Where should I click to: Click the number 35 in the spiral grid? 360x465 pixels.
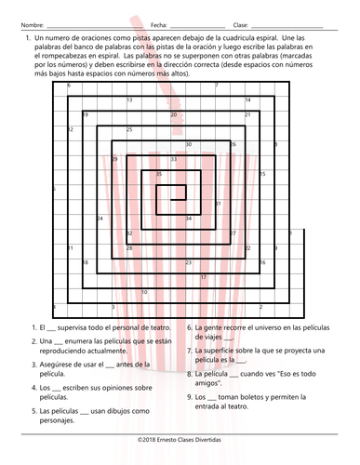(158, 174)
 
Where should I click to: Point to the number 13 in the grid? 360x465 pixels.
(128, 100)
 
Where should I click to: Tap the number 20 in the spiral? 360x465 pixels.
(174, 114)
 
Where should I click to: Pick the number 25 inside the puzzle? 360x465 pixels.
(129, 129)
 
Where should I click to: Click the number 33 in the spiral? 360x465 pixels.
(174, 159)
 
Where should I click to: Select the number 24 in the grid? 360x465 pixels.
(100, 218)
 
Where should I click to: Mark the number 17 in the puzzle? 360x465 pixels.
(204, 277)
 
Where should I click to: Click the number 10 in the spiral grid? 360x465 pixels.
(144, 292)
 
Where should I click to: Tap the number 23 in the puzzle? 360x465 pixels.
(189, 262)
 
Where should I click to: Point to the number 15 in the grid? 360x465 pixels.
(263, 174)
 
